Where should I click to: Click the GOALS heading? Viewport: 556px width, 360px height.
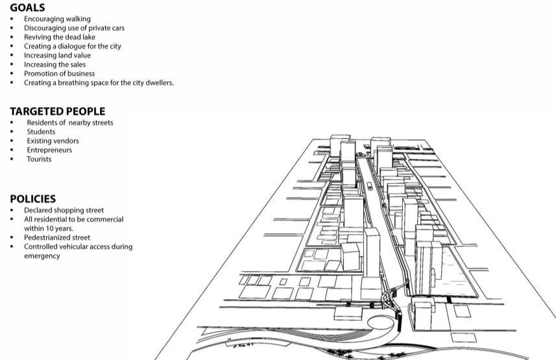[x=27, y=8]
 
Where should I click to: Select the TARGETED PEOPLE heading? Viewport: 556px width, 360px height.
[x=57, y=112]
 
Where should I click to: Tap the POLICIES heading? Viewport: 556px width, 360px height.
[x=32, y=199]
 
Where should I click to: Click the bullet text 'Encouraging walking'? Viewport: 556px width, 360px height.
[x=57, y=19]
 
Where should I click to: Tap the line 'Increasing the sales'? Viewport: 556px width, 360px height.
[x=54, y=65]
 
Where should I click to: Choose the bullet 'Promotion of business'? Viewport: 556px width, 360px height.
[x=59, y=74]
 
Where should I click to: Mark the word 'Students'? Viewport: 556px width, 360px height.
[x=41, y=132]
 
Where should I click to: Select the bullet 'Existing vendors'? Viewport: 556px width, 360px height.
[x=53, y=141]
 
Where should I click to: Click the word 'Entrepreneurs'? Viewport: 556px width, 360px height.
[x=49, y=150]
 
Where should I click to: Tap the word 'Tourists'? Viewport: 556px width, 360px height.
[x=39, y=159]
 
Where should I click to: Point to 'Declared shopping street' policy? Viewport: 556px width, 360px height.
[x=64, y=210]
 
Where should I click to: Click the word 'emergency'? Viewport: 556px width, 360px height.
[x=42, y=256]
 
